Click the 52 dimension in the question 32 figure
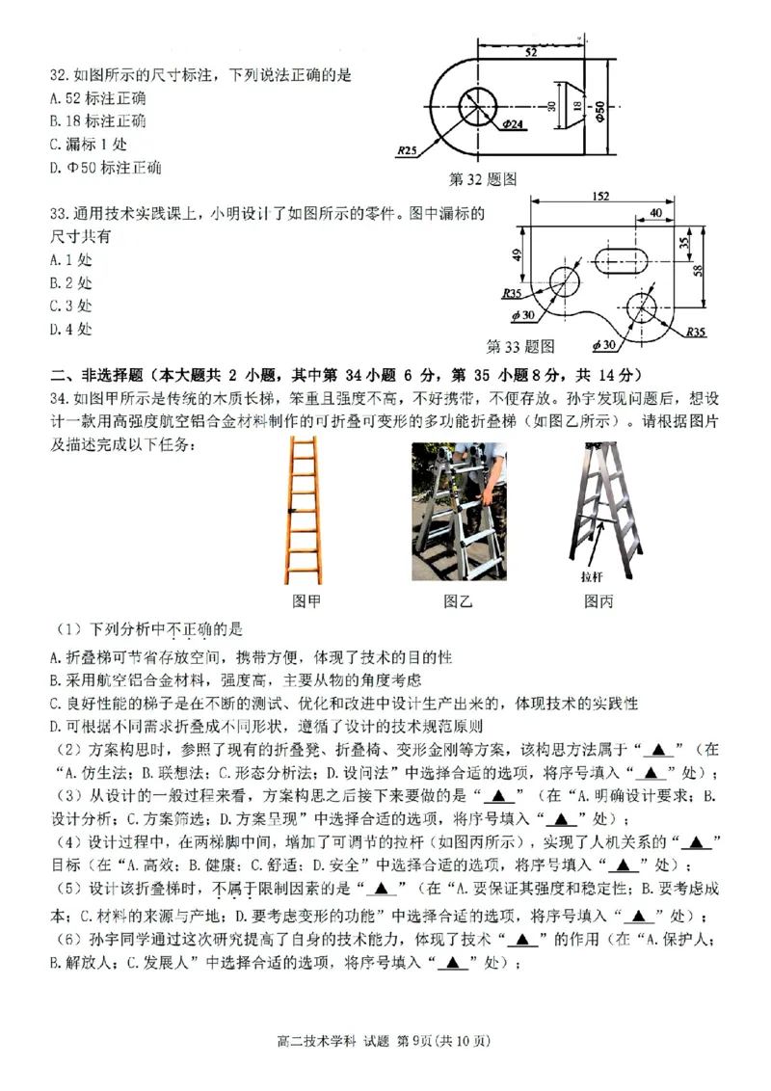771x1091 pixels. [531, 53]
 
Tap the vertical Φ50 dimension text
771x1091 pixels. [599, 111]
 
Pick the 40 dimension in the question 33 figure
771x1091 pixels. [655, 213]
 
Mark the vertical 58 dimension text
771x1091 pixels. [710, 273]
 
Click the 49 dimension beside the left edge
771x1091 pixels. [517, 255]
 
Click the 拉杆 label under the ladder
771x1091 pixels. [591, 577]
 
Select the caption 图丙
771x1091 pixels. [598, 601]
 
